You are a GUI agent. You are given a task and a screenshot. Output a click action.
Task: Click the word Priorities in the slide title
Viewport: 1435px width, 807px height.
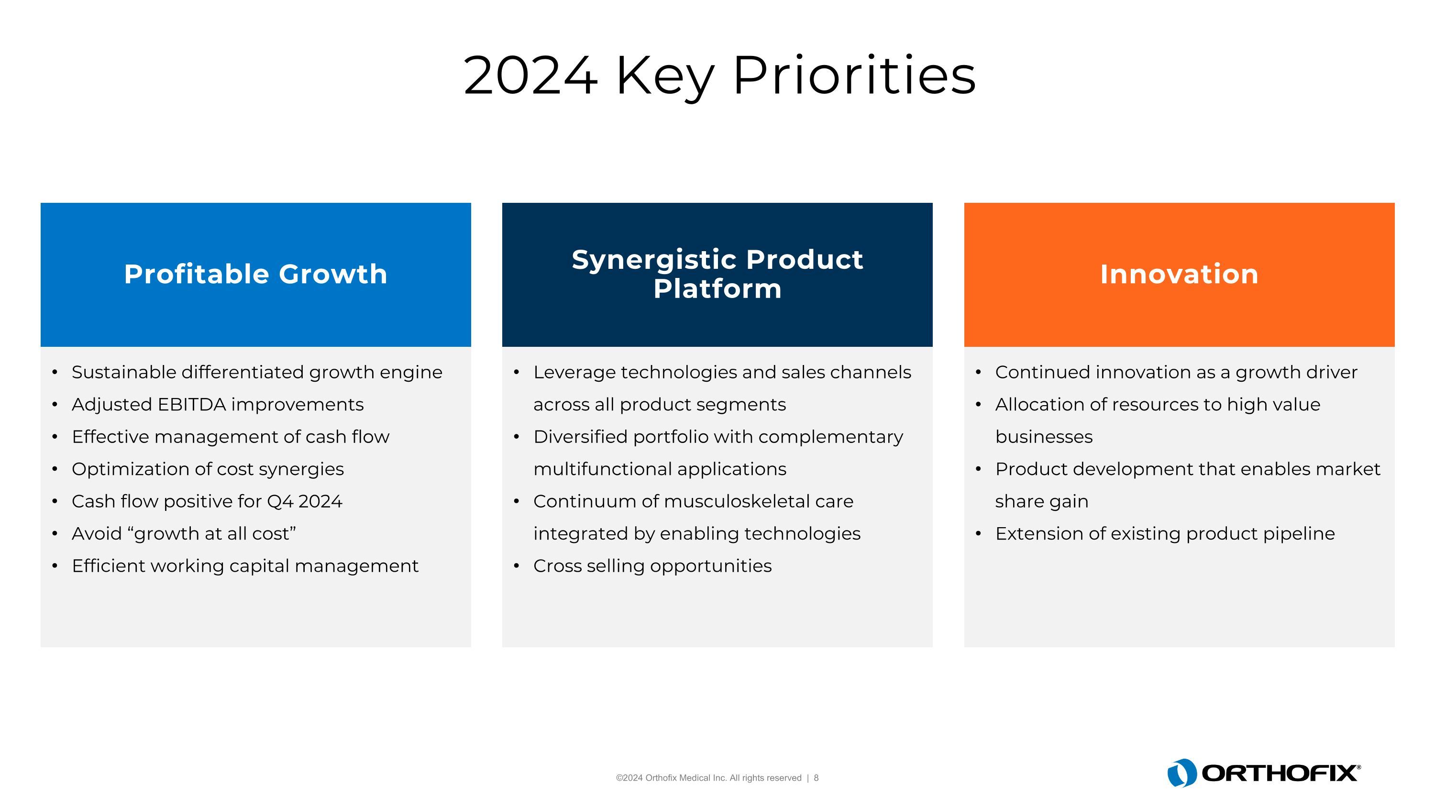(x=854, y=76)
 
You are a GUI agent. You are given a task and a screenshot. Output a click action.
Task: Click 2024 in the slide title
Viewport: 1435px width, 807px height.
(x=530, y=76)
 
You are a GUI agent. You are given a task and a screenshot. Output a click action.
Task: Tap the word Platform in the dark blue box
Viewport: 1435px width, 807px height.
(x=717, y=288)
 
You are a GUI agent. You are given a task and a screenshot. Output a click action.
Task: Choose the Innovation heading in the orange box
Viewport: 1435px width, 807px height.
(x=1179, y=274)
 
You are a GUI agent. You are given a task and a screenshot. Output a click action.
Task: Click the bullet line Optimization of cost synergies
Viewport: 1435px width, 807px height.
(x=207, y=469)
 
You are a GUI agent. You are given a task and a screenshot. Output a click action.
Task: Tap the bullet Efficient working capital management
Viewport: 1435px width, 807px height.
(x=244, y=566)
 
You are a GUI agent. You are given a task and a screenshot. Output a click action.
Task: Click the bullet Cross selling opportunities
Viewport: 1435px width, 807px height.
(x=652, y=566)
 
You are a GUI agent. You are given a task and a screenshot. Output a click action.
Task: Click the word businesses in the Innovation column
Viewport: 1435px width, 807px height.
(x=1043, y=437)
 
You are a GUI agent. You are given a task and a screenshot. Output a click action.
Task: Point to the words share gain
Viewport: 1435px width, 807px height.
(x=1041, y=501)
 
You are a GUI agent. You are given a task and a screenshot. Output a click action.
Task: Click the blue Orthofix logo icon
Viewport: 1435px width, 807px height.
(x=1181, y=773)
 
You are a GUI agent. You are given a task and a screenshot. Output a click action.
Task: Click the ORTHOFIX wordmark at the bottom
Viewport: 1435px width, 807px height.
(x=1280, y=773)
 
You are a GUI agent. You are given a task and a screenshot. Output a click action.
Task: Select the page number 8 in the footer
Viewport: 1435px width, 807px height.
(x=816, y=778)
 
